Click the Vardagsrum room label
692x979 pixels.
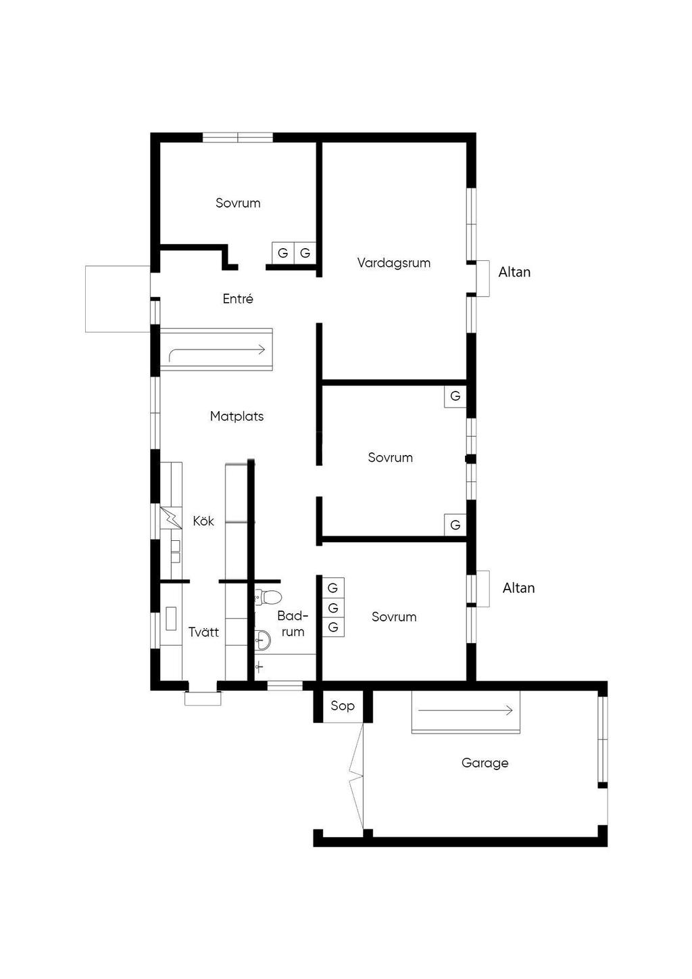394,263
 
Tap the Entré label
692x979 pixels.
238,299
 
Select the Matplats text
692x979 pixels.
237,416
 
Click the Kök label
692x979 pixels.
203,521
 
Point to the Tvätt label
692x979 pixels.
203,632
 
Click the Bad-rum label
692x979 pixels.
293,624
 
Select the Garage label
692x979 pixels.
485,763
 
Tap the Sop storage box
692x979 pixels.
343,706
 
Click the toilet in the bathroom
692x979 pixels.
270,596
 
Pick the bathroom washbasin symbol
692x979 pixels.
262,637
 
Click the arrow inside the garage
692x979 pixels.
466,711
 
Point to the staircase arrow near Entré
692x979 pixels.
216,350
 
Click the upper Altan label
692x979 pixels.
514,272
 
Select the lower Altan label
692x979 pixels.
518,588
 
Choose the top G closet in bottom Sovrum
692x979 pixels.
332,588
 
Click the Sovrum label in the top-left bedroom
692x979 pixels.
238,203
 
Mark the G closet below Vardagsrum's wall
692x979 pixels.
455,396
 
